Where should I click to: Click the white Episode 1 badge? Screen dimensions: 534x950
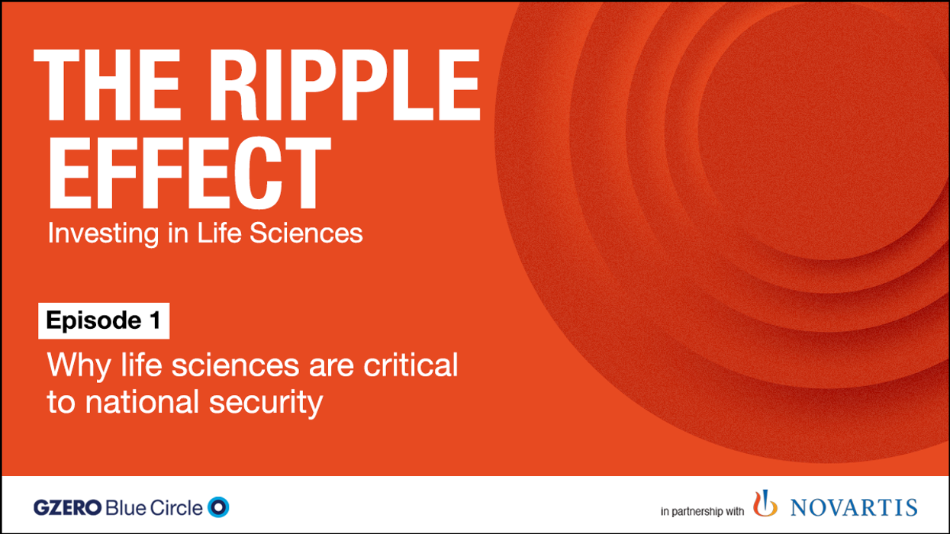[104, 321]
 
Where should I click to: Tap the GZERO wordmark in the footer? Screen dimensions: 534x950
[66, 507]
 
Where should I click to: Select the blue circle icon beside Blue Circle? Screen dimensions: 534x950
[218, 507]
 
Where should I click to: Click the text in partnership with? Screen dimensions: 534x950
[702, 510]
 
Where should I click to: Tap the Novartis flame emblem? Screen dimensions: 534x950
[765, 505]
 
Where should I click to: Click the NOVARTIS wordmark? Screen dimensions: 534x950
[853, 507]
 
